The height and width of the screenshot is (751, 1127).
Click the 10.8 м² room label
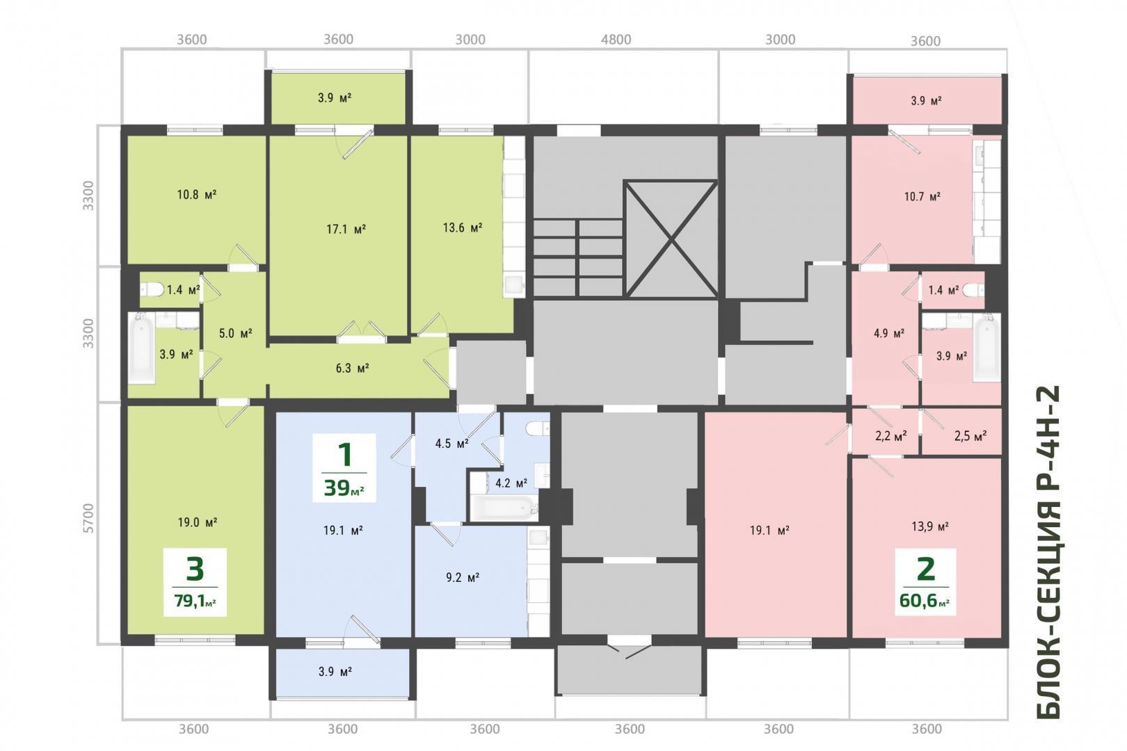[x=197, y=194]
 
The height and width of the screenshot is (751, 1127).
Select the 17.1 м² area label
[x=346, y=229]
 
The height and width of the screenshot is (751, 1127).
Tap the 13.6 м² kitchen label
[x=463, y=228]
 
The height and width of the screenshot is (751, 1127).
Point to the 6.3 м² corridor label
[x=352, y=369]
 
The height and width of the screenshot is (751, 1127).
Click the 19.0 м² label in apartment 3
[x=198, y=523]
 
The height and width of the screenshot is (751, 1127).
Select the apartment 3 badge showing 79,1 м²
[x=195, y=582]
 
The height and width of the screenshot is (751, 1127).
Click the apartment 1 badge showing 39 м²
[x=344, y=468]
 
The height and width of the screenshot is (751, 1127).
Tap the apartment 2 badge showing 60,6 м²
[x=925, y=582]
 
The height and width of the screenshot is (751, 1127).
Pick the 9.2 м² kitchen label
[x=463, y=577]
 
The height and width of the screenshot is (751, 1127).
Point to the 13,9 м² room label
[x=930, y=526]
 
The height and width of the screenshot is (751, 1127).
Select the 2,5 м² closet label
[x=970, y=436]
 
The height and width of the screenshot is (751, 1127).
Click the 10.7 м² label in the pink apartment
[x=922, y=197]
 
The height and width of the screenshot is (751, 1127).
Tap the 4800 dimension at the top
[x=616, y=39]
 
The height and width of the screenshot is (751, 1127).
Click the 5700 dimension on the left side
[x=88, y=518]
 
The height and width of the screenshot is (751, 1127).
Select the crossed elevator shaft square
[x=671, y=239]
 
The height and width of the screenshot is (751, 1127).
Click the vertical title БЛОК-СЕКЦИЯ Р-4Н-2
[x=1048, y=552]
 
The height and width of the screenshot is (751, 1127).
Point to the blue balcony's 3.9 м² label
[x=335, y=672]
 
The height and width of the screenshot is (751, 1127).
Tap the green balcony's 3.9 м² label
[x=335, y=97]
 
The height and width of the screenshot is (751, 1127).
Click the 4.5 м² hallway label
[x=451, y=444]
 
